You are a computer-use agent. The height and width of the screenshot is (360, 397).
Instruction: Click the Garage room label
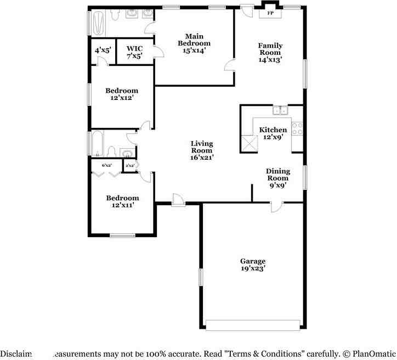click(x=252, y=261)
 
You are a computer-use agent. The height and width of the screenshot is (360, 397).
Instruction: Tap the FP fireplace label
click(x=270, y=12)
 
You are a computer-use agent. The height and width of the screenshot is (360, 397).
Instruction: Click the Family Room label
click(x=270, y=49)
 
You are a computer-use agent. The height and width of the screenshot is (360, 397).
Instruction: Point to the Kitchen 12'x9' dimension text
click(x=273, y=137)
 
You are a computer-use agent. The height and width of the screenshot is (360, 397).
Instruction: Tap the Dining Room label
click(x=278, y=175)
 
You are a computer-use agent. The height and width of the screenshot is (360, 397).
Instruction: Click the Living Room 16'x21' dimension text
click(x=201, y=157)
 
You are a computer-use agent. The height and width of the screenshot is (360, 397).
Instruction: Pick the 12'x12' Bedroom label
click(x=122, y=91)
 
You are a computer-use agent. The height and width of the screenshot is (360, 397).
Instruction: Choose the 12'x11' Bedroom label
click(x=122, y=198)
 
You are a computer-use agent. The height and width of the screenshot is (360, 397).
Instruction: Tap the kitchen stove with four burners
click(x=298, y=129)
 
